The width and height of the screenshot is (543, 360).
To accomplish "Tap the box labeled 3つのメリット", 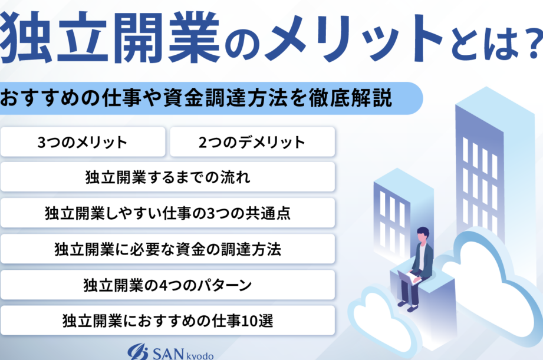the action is tap(83, 142).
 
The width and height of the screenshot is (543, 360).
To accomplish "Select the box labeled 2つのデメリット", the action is tap(252, 142).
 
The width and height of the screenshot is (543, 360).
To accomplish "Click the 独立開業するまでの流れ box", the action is tap(167, 177).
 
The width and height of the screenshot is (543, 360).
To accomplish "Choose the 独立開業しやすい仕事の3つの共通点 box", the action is tap(167, 213).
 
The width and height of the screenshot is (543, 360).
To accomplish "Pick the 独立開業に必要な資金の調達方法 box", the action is tap(167, 249).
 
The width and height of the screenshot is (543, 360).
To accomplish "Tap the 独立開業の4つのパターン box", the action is tap(167, 285).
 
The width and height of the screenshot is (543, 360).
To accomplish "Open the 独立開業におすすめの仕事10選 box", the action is tap(167, 321).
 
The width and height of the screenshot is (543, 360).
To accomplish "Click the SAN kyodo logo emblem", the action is tap(138, 352).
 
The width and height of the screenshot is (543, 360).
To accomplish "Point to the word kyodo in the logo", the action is tap(200, 356).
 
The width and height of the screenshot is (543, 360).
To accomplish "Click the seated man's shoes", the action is tap(407, 306).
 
